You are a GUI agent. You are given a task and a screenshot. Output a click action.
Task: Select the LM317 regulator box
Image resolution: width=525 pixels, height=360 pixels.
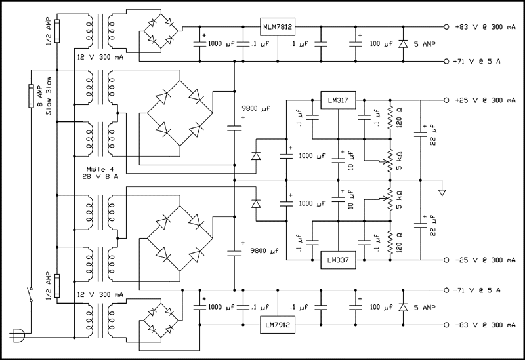[x=337, y=101]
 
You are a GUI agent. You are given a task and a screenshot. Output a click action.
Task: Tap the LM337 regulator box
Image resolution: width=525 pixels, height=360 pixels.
[x=337, y=259]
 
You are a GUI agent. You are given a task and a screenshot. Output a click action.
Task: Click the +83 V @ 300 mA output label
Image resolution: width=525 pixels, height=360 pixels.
[x=484, y=27]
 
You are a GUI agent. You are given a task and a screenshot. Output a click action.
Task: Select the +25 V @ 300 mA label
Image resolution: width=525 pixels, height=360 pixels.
[x=484, y=101]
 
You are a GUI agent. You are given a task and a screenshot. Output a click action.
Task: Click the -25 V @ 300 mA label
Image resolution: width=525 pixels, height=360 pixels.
[x=484, y=259]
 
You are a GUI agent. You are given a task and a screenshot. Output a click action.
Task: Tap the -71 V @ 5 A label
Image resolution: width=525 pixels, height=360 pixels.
[x=478, y=290]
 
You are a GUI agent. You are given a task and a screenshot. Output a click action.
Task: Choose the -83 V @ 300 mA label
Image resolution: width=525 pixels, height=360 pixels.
[x=484, y=325]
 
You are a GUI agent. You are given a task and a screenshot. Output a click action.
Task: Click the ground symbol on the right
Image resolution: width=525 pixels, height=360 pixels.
[x=442, y=191]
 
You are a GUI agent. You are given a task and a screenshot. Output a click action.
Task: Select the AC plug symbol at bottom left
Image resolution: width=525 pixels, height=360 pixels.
[x=19, y=336]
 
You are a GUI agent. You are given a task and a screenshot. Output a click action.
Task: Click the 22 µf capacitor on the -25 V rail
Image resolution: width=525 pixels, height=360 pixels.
[x=420, y=226]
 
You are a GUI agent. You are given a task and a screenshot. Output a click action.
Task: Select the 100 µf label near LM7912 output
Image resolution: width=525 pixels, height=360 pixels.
[x=380, y=307]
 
